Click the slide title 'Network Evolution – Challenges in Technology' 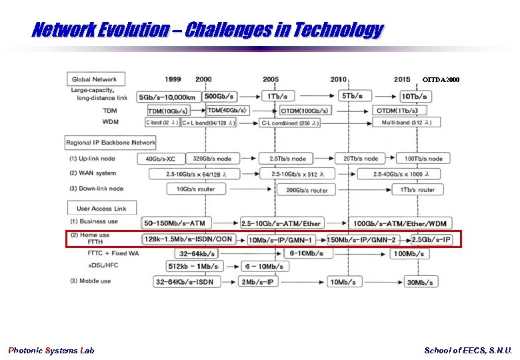click(x=207, y=30)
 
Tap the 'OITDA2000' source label click(x=441, y=80)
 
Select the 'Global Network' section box click(x=94, y=79)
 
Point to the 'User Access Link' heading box click(x=101, y=208)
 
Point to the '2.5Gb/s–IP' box click(x=431, y=239)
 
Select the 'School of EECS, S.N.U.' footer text click(x=468, y=350)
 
